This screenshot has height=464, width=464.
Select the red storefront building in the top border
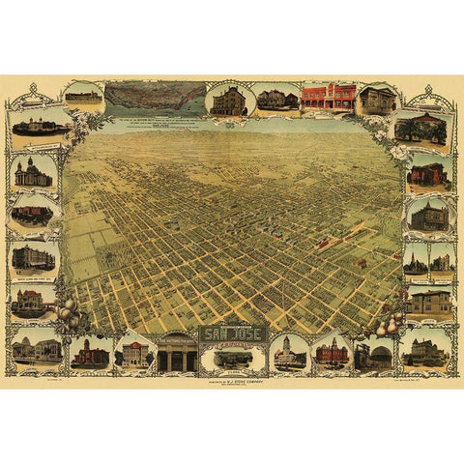point(328,97)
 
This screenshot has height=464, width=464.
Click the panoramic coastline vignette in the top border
point(155,97)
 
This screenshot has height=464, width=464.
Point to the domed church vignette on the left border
point(33,172)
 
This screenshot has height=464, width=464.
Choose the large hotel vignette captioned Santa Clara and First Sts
point(33,256)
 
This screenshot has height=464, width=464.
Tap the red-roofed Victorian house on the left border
point(31,300)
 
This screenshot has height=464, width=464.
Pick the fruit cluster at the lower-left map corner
point(70,314)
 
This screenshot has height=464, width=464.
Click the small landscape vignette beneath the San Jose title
point(233,358)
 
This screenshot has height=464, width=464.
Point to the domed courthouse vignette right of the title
point(289,354)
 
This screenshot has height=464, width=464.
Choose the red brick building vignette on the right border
point(427,174)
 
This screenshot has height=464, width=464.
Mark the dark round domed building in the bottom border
point(372,356)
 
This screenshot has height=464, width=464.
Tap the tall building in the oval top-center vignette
point(230,100)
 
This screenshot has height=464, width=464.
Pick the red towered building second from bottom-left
point(90,353)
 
